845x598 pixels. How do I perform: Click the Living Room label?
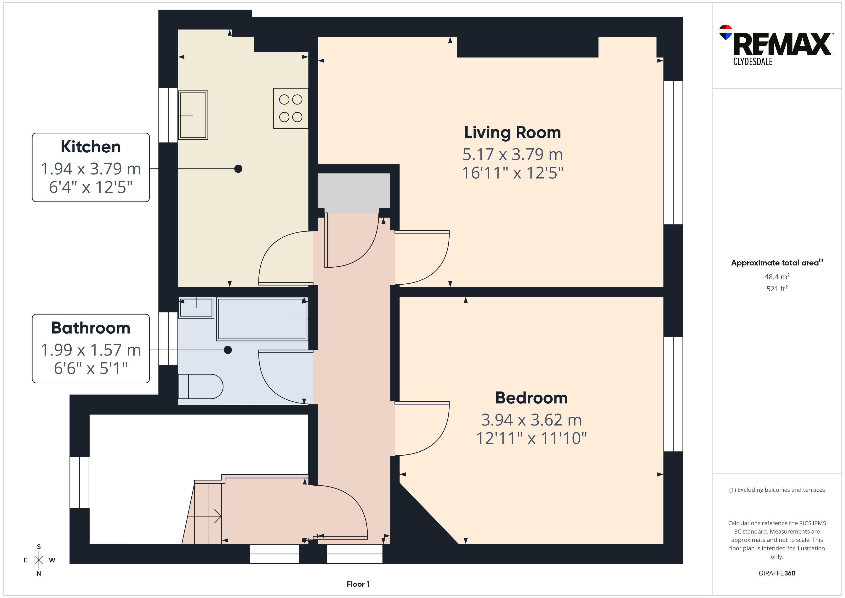pos(512,132)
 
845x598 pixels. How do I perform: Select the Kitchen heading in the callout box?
pos(91,147)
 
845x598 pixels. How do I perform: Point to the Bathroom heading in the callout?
pos(91,328)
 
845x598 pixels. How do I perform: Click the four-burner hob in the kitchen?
pos(290,108)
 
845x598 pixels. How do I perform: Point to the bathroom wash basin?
pos(196,307)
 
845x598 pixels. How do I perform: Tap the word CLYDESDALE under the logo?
pos(753,62)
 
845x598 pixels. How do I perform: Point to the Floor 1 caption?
pos(358,584)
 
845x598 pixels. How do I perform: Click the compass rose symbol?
pos(39,560)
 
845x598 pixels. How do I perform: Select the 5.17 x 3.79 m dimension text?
pos(512,154)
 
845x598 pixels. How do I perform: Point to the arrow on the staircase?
pos(205,516)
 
